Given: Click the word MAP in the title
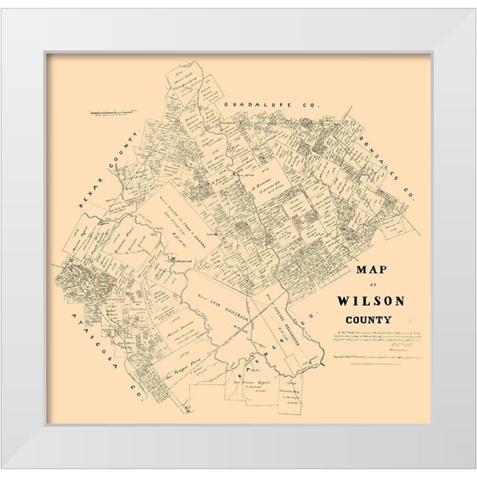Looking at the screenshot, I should (372, 270).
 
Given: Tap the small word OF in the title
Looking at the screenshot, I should (371, 286).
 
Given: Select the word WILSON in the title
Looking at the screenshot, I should (371, 301).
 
